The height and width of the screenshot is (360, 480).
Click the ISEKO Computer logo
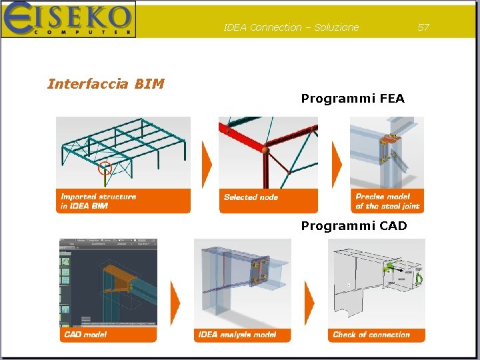click(x=68, y=19)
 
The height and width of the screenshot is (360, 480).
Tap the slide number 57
click(x=423, y=27)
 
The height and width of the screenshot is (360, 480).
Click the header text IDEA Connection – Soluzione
click(x=291, y=27)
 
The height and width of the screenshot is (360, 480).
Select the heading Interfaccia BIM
click(x=105, y=84)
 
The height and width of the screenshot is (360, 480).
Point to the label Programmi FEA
click(x=353, y=99)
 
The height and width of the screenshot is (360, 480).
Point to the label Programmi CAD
click(x=354, y=226)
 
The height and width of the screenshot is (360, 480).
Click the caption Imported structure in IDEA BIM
click(x=99, y=201)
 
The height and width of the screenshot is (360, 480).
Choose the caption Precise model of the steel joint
click(x=387, y=201)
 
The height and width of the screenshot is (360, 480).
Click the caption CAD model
click(x=85, y=334)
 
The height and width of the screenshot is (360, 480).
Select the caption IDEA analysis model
click(x=237, y=334)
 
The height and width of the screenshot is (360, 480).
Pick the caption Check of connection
click(x=371, y=335)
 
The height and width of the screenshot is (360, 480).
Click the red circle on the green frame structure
click(x=105, y=166)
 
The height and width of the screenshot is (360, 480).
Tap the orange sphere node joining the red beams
click(x=265, y=150)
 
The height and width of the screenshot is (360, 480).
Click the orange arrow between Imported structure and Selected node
click(x=207, y=163)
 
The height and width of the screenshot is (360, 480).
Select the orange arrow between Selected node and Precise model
click(x=337, y=163)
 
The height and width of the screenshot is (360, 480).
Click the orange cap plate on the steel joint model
click(x=387, y=139)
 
